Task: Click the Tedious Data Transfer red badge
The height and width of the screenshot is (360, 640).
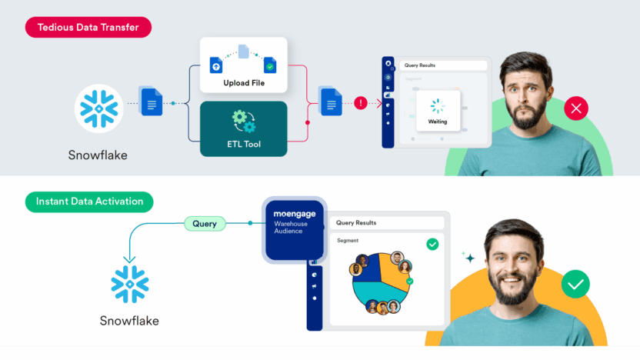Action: click(x=88, y=28)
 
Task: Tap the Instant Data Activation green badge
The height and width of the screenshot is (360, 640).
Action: click(x=89, y=202)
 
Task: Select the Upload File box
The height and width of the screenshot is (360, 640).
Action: click(x=243, y=65)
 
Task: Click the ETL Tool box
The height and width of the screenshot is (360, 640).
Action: click(x=243, y=128)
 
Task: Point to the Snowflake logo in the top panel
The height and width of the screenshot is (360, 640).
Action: click(x=99, y=108)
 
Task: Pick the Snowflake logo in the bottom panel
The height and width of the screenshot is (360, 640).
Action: click(x=129, y=284)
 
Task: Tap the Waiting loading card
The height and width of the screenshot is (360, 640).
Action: click(x=436, y=112)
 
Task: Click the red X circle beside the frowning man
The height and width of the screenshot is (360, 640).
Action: click(x=575, y=109)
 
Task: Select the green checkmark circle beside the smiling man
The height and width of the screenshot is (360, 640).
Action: click(x=575, y=285)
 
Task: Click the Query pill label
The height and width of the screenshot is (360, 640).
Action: click(x=205, y=224)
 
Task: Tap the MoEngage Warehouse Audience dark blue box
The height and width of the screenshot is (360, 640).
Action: click(x=295, y=228)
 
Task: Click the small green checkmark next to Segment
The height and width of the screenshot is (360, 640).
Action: click(x=432, y=243)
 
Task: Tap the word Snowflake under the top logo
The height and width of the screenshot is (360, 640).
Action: click(x=98, y=155)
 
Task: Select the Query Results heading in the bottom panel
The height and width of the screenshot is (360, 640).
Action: click(x=355, y=223)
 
